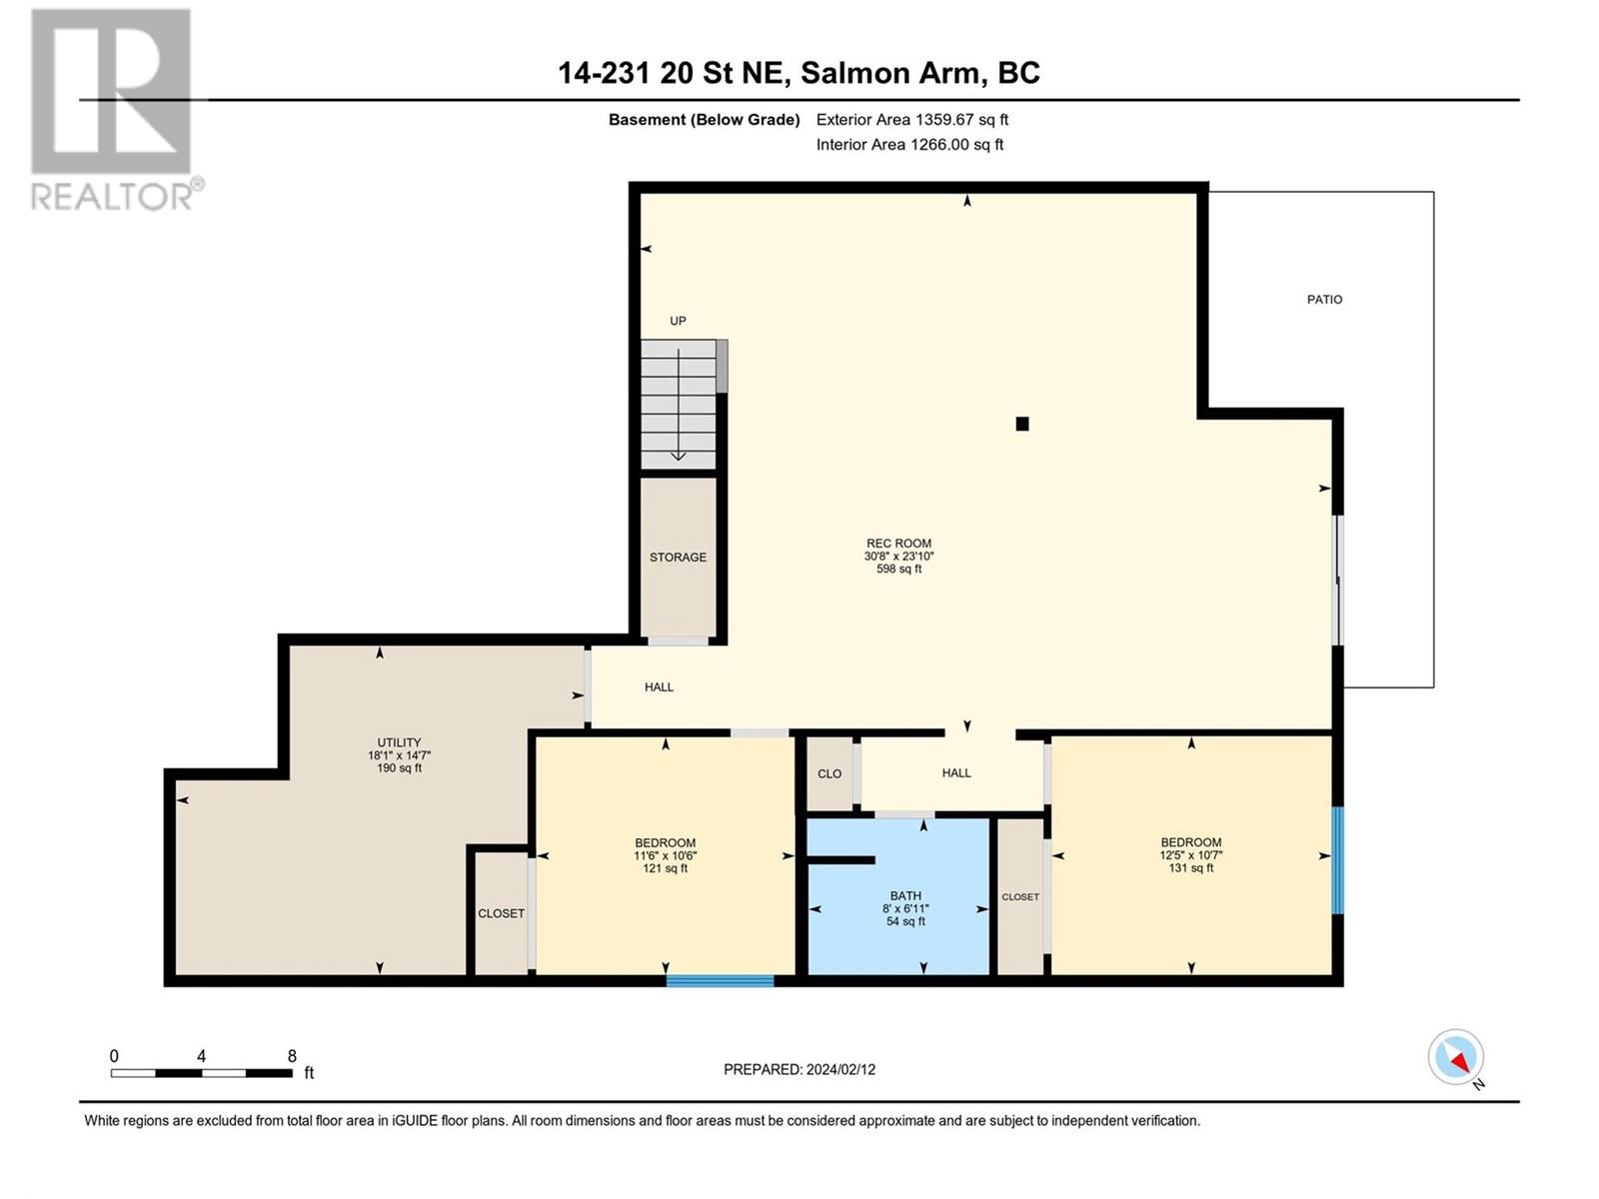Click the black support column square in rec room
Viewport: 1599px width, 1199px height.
(x=1022, y=424)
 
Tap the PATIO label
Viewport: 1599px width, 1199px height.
(x=1324, y=300)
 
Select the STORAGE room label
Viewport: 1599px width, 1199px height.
(x=678, y=558)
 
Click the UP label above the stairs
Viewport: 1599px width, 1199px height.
(x=678, y=321)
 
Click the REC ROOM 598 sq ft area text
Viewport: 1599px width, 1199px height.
(x=898, y=570)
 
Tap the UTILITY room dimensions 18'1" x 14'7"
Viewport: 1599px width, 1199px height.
(x=399, y=755)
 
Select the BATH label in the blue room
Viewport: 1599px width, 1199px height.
(x=905, y=896)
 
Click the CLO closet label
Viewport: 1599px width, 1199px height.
(x=829, y=774)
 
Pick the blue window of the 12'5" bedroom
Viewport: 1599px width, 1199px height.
(x=1337, y=860)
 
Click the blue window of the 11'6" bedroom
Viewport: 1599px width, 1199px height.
(x=720, y=981)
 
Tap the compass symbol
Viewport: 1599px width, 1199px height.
(x=1456, y=1057)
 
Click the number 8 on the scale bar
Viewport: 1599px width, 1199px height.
(x=292, y=1056)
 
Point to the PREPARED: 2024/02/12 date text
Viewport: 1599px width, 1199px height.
(x=799, y=1069)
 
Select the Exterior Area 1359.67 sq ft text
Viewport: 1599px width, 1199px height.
(x=911, y=120)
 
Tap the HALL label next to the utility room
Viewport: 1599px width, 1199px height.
(x=659, y=687)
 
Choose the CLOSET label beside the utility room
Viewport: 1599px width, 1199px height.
(x=501, y=913)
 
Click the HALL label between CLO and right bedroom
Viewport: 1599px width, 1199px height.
(x=956, y=773)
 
